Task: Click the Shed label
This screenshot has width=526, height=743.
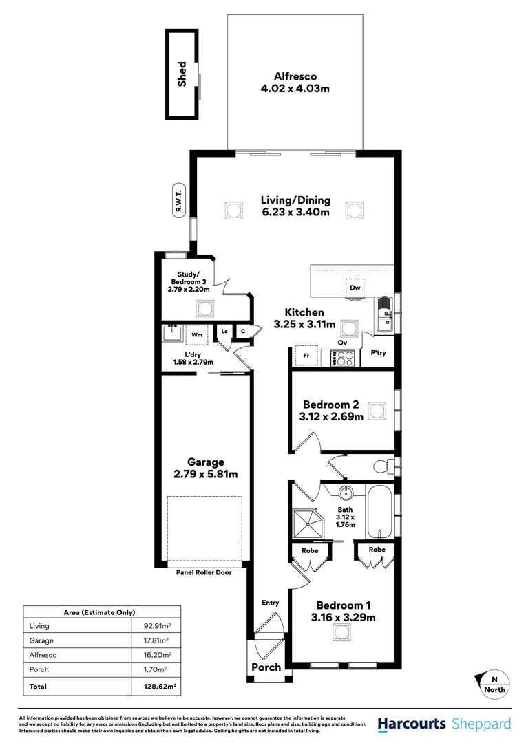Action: click(182, 74)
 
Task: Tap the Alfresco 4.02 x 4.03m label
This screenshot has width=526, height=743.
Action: click(295, 83)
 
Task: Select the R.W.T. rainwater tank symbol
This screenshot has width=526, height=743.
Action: click(178, 202)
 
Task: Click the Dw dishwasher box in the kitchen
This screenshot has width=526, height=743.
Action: click(355, 288)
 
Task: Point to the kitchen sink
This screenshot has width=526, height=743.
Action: click(386, 314)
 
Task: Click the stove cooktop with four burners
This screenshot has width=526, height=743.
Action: click(342, 358)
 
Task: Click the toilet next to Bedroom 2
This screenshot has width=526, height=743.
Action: click(383, 466)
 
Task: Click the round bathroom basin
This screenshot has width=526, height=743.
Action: click(346, 493)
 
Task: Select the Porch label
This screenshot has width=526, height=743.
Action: click(266, 667)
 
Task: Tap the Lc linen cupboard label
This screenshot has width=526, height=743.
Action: click(224, 331)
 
